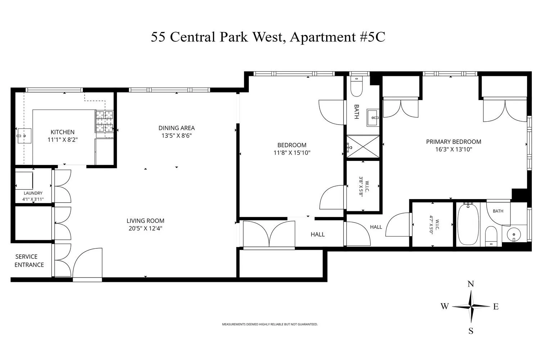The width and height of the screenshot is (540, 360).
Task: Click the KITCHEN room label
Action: click(x=62, y=132)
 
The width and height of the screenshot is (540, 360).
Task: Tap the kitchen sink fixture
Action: click(x=24, y=136)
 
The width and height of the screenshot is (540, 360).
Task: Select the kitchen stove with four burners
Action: click(x=104, y=122)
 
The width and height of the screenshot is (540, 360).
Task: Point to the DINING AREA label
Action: click(x=176, y=128)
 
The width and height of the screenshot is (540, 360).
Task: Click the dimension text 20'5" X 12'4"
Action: click(x=145, y=228)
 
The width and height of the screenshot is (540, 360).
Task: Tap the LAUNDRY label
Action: click(x=33, y=193)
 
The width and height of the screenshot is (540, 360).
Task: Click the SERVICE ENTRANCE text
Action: click(x=29, y=261)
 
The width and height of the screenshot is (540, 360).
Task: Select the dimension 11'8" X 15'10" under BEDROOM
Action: click(x=292, y=153)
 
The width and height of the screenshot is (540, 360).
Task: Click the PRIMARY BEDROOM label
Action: click(x=454, y=142)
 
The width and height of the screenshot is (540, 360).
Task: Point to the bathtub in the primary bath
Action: click(x=468, y=224)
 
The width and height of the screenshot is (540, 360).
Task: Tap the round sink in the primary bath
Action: click(x=514, y=234)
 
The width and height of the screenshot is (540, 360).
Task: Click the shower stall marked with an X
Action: click(x=363, y=147)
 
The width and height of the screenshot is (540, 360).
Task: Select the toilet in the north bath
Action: click(x=356, y=86)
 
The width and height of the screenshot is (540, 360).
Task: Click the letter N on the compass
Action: click(x=471, y=284)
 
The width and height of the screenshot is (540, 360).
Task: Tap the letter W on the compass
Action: click(x=445, y=306)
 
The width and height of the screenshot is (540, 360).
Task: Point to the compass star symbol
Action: click(x=471, y=306)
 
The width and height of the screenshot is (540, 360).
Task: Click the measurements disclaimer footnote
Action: click(x=270, y=324)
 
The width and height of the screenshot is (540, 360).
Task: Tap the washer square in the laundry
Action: click(x=24, y=181)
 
